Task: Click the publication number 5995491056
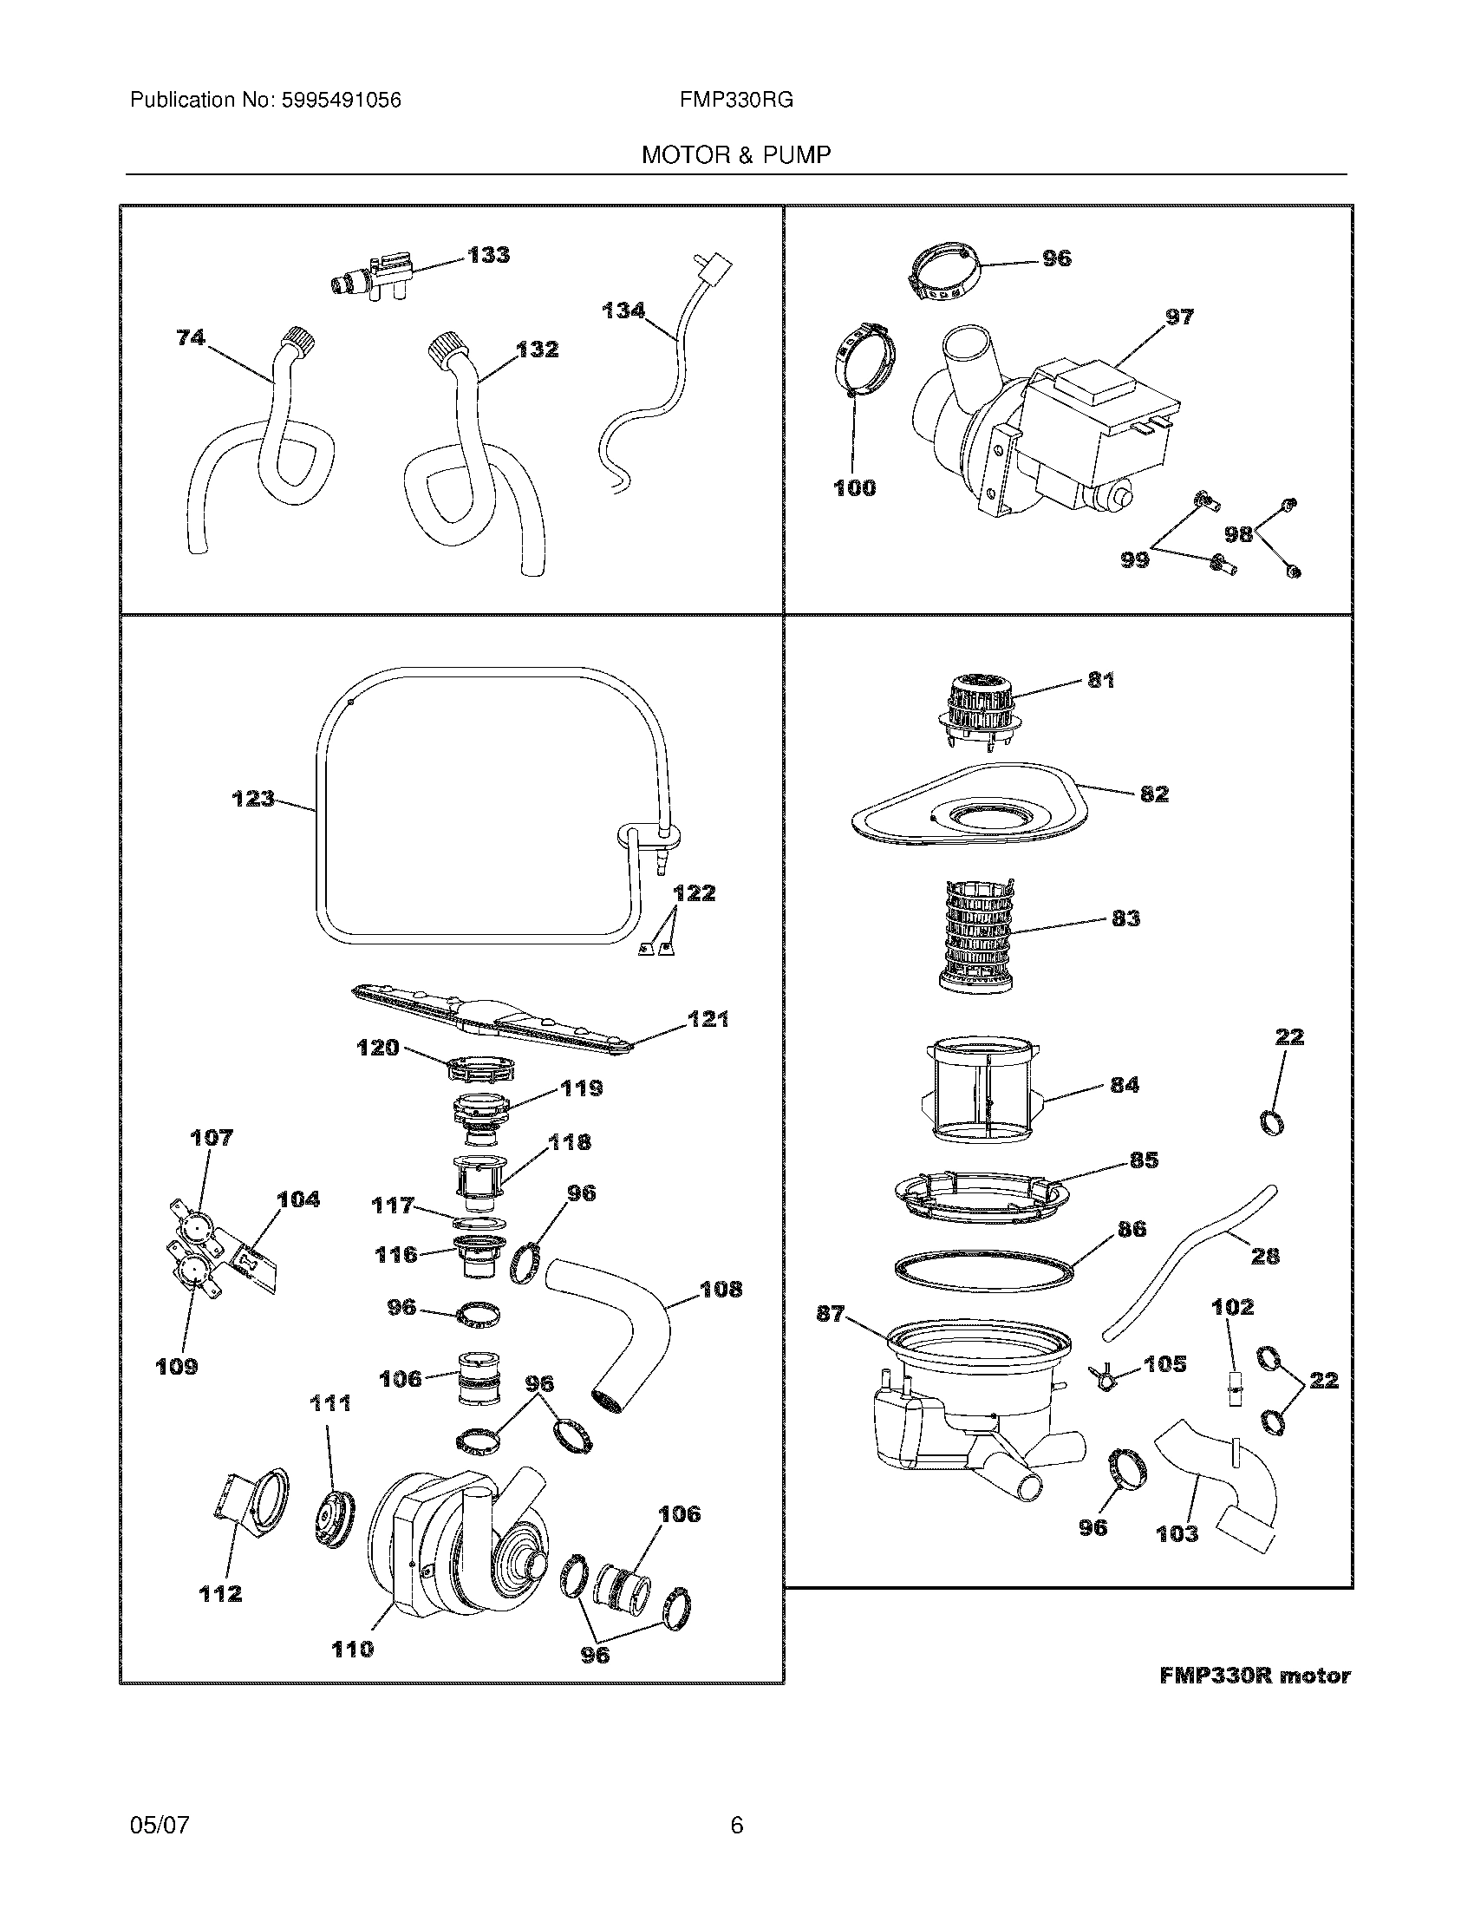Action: pos(341,101)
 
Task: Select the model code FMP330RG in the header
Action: pos(736,101)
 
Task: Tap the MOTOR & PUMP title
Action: pos(736,155)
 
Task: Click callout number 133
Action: pos(488,255)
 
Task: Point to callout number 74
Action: pos(191,337)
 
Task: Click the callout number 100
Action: pos(854,487)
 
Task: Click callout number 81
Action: pos(1100,680)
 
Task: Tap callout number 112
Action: pos(219,1593)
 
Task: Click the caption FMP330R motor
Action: pos(1254,1676)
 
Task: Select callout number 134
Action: pos(623,310)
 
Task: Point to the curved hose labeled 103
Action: pos(1223,1485)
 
